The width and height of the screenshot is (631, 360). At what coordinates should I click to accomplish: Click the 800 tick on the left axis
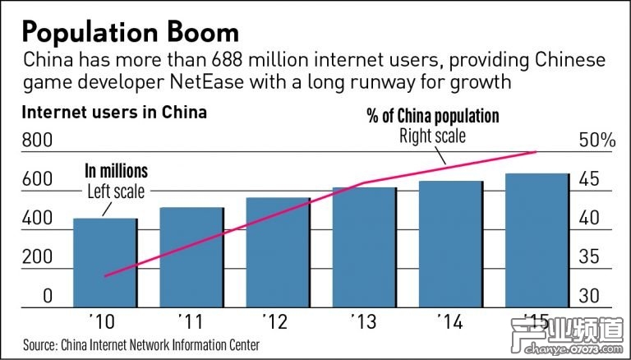pyautogui.click(x=35, y=141)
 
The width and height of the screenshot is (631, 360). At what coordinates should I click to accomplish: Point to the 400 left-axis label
pyautogui.click(x=35, y=219)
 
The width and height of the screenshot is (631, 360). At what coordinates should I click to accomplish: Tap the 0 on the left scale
pyautogui.click(x=47, y=296)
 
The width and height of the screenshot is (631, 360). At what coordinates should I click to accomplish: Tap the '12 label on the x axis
pyautogui.click(x=276, y=317)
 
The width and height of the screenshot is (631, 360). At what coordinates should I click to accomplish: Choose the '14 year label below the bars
pyautogui.click(x=449, y=317)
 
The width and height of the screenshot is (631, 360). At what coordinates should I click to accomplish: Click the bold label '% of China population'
pyautogui.click(x=432, y=117)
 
